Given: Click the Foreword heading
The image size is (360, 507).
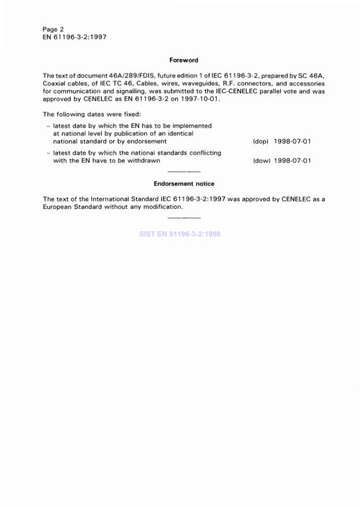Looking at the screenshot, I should click(184, 60).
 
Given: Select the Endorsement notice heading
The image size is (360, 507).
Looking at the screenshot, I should click(184, 184).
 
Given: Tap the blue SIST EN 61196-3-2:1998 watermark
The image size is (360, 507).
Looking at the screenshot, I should click(180, 234).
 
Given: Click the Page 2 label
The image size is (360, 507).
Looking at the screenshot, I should click(53, 29).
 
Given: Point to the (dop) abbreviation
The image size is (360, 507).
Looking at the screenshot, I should click(261, 142).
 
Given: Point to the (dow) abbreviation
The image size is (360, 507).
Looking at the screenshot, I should click(262, 161).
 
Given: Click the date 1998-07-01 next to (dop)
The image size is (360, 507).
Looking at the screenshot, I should click(292, 142).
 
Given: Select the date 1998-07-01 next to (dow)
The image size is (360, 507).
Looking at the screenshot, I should click(292, 161).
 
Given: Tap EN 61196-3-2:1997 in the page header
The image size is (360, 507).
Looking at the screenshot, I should click(74, 36).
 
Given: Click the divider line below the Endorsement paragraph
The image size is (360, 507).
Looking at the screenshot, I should click(184, 217).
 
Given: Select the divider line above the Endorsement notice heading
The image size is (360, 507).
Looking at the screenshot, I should click(184, 172).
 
